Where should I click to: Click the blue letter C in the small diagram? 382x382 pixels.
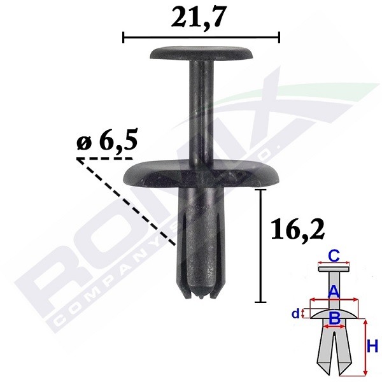(x=332, y=257)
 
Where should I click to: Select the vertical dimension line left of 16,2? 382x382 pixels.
(x=260, y=245)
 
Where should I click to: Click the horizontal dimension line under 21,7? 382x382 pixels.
(x=201, y=38)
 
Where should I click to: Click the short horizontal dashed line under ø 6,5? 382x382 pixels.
(x=105, y=158)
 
